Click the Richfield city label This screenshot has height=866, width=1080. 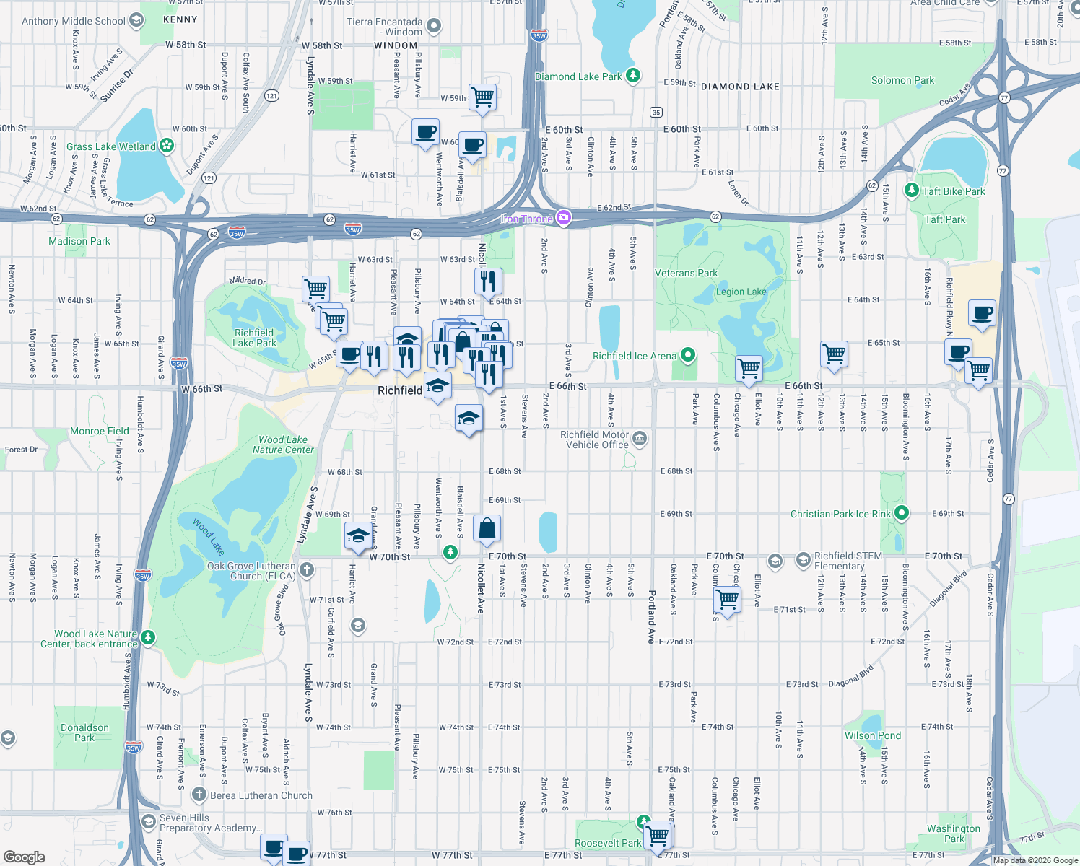pos(400,390)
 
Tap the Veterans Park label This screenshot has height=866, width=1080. pos(686,274)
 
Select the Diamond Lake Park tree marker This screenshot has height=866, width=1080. pos(633,76)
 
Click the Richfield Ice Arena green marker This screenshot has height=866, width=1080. pos(688,355)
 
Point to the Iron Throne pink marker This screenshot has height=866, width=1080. pos(564,218)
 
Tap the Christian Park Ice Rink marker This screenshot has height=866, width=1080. pos(901,513)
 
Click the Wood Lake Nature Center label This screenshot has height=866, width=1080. pos(283,445)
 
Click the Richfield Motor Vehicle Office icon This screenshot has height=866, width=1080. pos(640,439)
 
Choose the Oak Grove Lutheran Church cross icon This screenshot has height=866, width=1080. pos(307,570)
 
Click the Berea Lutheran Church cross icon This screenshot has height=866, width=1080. pos(199,795)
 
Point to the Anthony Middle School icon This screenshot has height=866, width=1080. pos(136,21)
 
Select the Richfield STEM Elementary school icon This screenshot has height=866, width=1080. pos(803,560)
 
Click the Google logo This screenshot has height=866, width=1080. pos(25,857)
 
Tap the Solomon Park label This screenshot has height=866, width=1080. pos(902,81)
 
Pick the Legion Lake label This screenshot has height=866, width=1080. pos(741,292)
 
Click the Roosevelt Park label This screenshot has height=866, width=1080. pos(608,843)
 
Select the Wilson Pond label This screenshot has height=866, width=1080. pos(872,735)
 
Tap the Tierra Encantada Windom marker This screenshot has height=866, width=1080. pos(433,27)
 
